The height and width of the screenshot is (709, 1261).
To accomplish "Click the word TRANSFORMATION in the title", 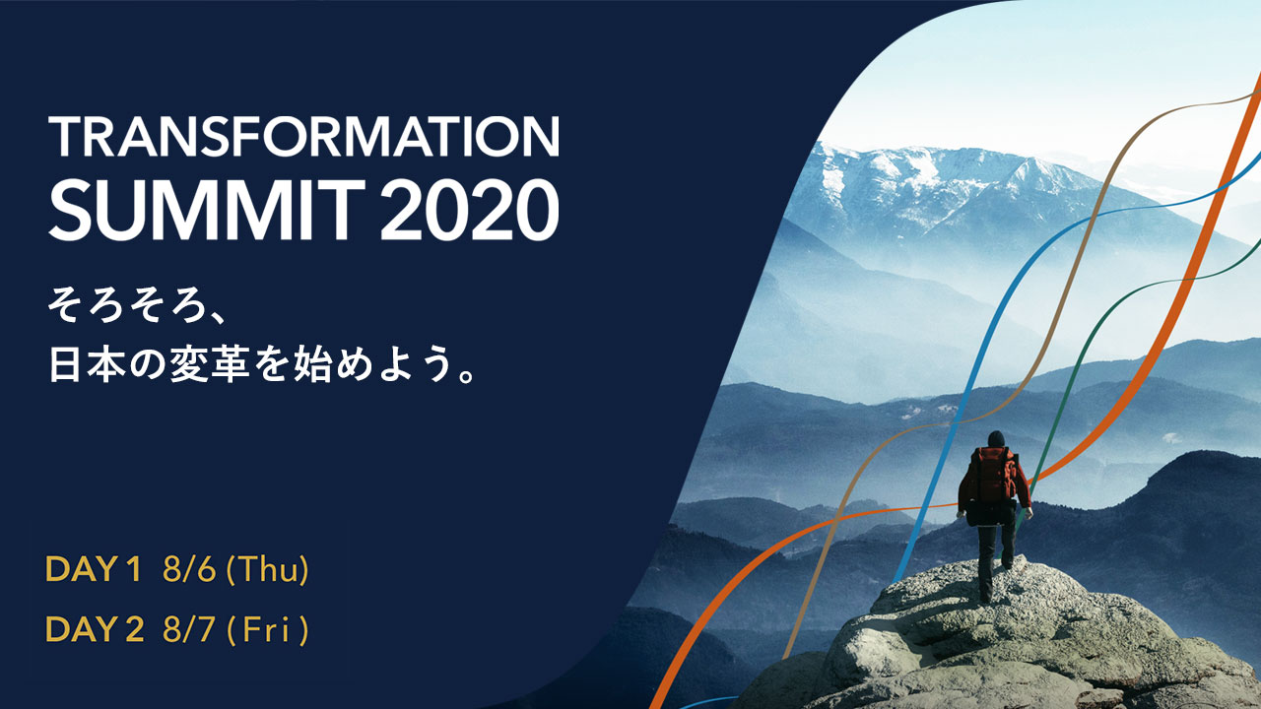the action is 304,136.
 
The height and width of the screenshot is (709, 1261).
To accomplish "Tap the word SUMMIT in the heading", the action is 207,210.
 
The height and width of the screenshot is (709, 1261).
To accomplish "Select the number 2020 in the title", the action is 470,210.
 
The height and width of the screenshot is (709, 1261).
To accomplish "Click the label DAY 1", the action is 93,569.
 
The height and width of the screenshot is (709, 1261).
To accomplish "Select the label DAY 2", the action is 94,628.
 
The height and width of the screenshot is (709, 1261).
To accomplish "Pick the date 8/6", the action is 189,569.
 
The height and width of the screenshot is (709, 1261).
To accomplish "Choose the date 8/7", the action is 188,628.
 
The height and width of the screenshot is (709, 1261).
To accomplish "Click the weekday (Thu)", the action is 267,569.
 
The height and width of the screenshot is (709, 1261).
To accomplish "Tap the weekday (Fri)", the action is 267,629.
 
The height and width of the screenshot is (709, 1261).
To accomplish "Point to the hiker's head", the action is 996,439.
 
